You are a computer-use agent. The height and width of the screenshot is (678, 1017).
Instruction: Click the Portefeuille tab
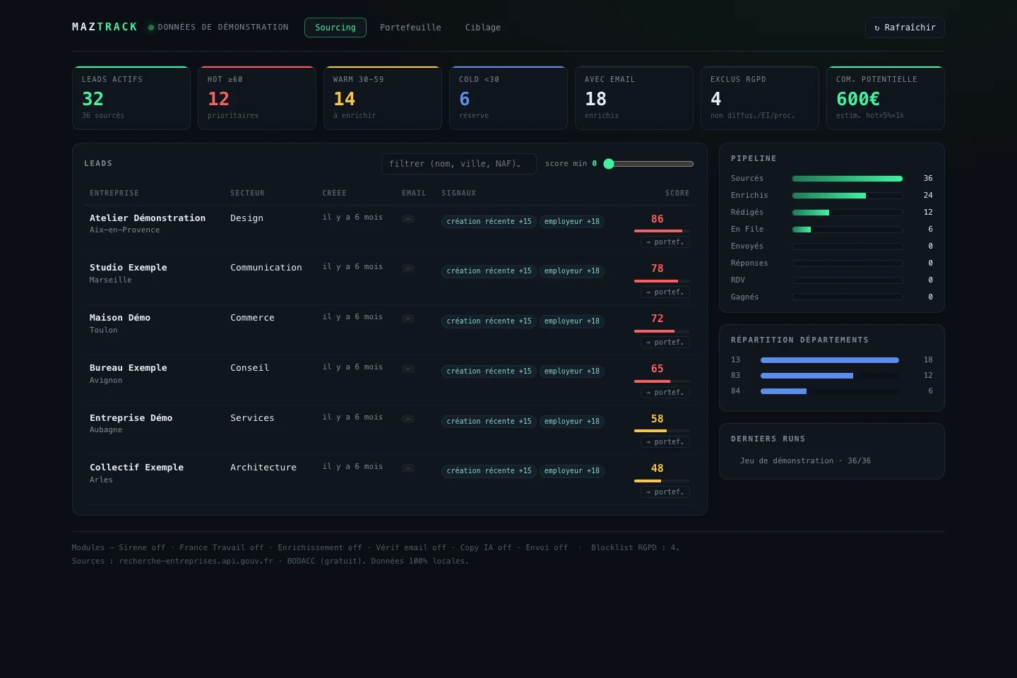pyautogui.click(x=410, y=28)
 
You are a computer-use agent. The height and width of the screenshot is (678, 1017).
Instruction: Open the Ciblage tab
pyautogui.click(x=482, y=28)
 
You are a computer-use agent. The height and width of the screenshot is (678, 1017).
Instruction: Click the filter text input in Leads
pyautogui.click(x=458, y=163)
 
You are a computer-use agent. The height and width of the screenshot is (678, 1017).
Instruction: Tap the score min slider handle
pyautogui.click(x=609, y=163)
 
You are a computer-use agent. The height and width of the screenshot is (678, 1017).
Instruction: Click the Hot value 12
pyautogui.click(x=218, y=99)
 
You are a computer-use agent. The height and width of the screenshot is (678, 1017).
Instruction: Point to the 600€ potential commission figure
pyautogui.click(x=857, y=99)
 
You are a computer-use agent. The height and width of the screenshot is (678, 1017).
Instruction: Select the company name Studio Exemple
pyautogui.click(x=128, y=267)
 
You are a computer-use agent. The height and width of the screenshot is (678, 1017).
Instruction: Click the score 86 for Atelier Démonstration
pyautogui.click(x=657, y=219)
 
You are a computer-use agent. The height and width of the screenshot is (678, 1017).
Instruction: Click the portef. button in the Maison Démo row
pyautogui.click(x=665, y=342)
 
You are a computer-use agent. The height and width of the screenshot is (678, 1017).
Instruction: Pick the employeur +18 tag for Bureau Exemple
pyautogui.click(x=571, y=371)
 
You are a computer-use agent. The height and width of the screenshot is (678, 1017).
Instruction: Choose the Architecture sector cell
pyautogui.click(x=263, y=468)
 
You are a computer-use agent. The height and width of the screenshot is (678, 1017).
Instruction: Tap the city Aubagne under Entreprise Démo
pyautogui.click(x=106, y=429)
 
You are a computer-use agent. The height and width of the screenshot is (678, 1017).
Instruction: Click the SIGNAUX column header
pyautogui.click(x=458, y=193)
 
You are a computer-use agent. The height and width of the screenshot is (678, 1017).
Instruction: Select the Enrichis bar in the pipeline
pyautogui.click(x=828, y=196)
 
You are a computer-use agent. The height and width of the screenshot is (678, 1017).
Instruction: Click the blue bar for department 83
pyautogui.click(x=807, y=376)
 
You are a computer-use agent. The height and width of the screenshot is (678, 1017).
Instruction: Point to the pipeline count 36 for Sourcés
pyautogui.click(x=927, y=178)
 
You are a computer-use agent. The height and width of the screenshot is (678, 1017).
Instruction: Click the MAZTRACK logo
pyautogui.click(x=105, y=27)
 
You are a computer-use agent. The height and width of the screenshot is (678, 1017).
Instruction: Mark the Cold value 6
pyautogui.click(x=465, y=99)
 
